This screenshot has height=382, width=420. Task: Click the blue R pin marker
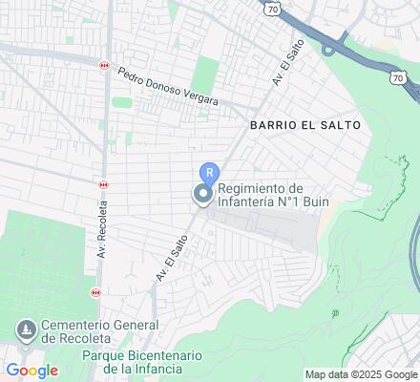(x=209, y=173)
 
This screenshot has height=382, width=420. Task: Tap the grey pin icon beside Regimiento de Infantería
(x=202, y=195)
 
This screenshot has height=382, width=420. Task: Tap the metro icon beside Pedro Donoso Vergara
(x=104, y=65)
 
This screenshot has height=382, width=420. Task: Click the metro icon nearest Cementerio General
(x=104, y=291)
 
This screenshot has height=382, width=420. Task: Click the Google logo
(x=31, y=371)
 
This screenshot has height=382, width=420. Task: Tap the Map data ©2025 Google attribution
(x=360, y=373)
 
